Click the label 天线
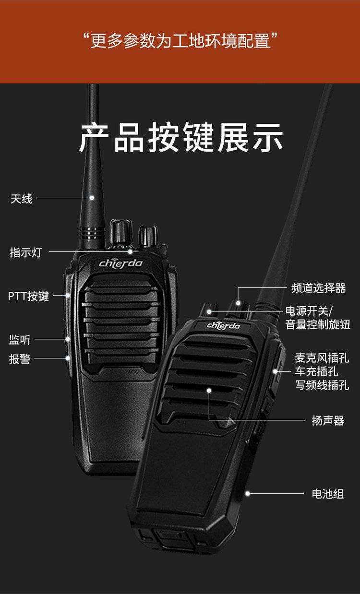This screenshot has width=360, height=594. coord(21,199)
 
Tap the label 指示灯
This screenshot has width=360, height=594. coord(26,252)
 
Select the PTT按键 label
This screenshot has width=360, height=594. coord(28,296)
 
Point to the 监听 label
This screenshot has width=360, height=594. coord(20,340)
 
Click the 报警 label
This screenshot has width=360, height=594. coord(20,359)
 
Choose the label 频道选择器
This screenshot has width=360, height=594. coord(318,288)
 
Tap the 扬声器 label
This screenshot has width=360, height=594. coord(328,421)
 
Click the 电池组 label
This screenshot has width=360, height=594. coord(328,494)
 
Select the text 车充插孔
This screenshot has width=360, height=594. coord(317,371)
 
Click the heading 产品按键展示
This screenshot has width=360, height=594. coord(181,138)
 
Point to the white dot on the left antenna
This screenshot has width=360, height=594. coord(92,198)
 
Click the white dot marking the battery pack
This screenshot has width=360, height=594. coord(248,494)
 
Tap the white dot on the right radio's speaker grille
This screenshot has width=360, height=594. coord(209,391)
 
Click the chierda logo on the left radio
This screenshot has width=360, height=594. coord(120,263)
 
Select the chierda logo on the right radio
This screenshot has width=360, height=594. coord(223,326)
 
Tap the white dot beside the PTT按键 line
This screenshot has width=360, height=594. coord(68,295)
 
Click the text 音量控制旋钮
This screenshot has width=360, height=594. coord(318,324)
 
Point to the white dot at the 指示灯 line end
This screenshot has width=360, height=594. coord(130,251)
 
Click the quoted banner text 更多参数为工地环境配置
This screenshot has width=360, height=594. coord(180,41)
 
